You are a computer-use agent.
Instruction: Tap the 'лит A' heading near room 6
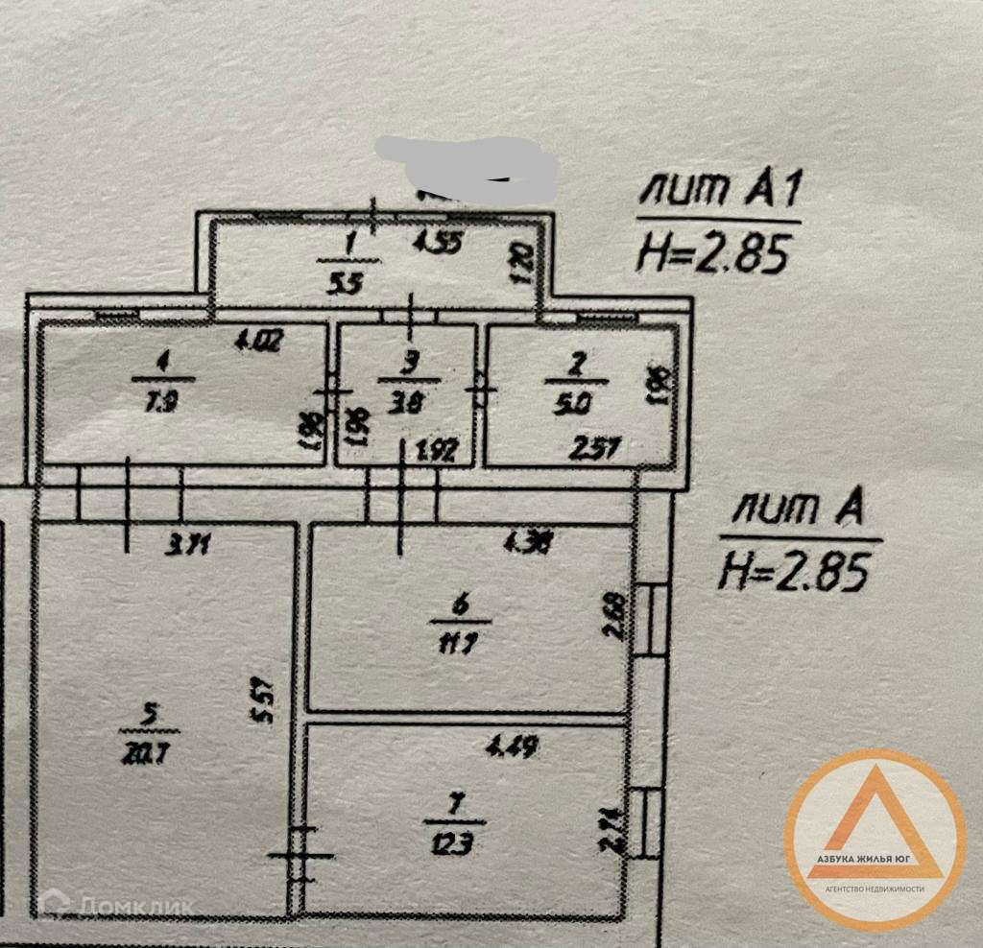coord(792,511)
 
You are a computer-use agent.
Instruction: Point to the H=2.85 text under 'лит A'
coord(795,573)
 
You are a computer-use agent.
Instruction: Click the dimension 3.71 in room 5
coord(188,548)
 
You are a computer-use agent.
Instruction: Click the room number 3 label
coord(411,362)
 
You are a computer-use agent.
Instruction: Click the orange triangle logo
coord(874,825)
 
